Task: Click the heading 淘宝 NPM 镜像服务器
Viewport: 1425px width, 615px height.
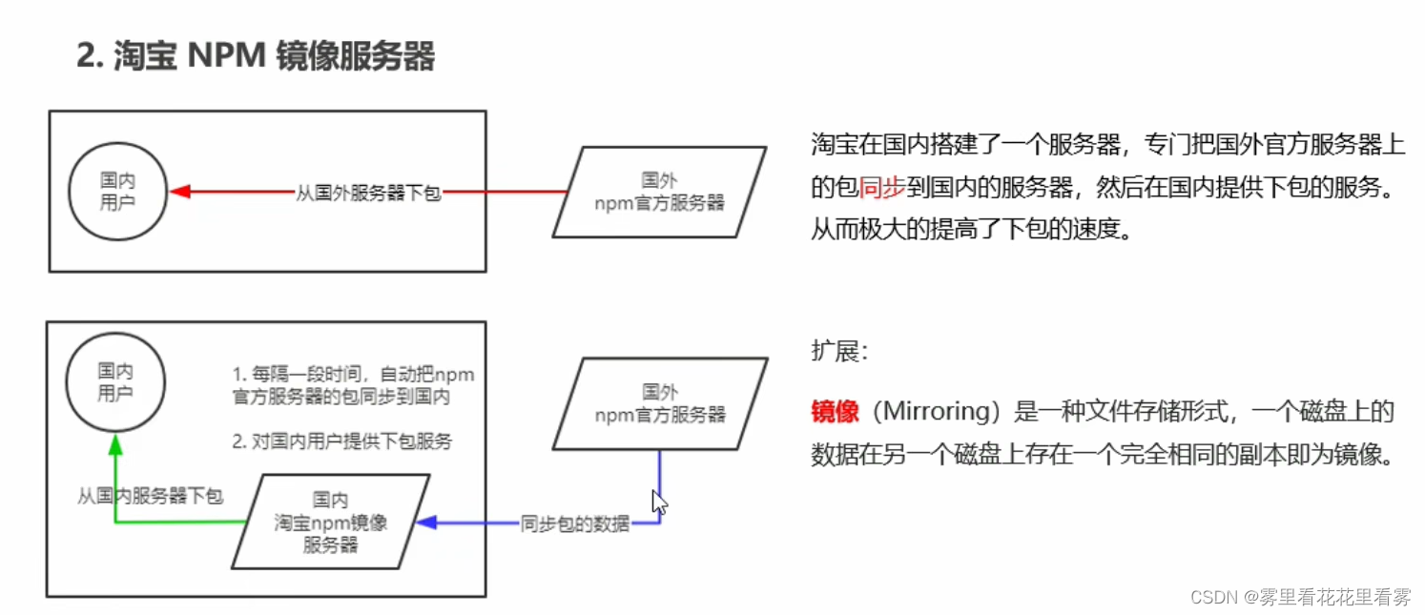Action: [256, 56]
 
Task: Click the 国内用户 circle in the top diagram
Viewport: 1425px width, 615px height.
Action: [117, 192]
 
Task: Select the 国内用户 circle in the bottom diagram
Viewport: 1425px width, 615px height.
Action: [115, 381]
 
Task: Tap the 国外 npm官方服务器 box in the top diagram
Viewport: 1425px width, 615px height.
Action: [659, 192]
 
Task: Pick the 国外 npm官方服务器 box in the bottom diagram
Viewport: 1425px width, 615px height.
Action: [660, 403]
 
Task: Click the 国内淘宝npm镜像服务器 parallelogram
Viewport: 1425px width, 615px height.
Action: [330, 523]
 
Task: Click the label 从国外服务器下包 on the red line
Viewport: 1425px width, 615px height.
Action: [368, 193]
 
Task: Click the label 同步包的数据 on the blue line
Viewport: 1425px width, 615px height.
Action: [574, 523]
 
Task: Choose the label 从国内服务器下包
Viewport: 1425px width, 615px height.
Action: [150, 496]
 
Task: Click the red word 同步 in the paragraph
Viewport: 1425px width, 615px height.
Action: [882, 188]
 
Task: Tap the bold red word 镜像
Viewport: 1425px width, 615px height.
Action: [835, 412]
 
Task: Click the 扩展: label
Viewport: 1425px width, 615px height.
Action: [839, 351]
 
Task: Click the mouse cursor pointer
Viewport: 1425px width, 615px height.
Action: [659, 502]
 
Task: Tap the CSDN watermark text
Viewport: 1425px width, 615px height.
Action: [1301, 597]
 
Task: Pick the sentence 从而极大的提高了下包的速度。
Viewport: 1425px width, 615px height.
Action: [971, 230]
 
